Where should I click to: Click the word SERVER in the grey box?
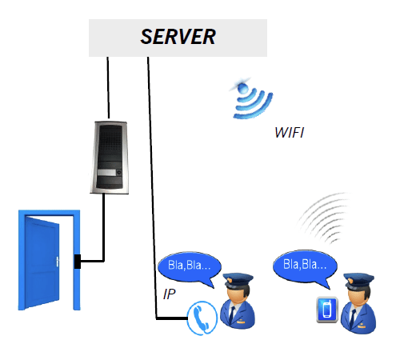[178, 37]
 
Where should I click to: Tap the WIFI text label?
[289, 133]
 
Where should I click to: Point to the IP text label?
[169, 294]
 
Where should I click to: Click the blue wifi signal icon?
[251, 98]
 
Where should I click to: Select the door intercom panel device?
[110, 158]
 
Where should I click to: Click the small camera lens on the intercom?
[118, 173]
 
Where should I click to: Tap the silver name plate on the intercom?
[106, 173]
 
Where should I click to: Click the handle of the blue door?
[58, 262]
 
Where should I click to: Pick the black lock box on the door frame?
[78, 262]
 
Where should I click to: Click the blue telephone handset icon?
[202, 318]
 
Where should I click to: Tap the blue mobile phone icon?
[327, 310]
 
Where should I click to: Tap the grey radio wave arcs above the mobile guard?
[324, 218]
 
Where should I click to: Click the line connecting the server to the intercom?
[108, 87]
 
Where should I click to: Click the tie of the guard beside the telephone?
[232, 314]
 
